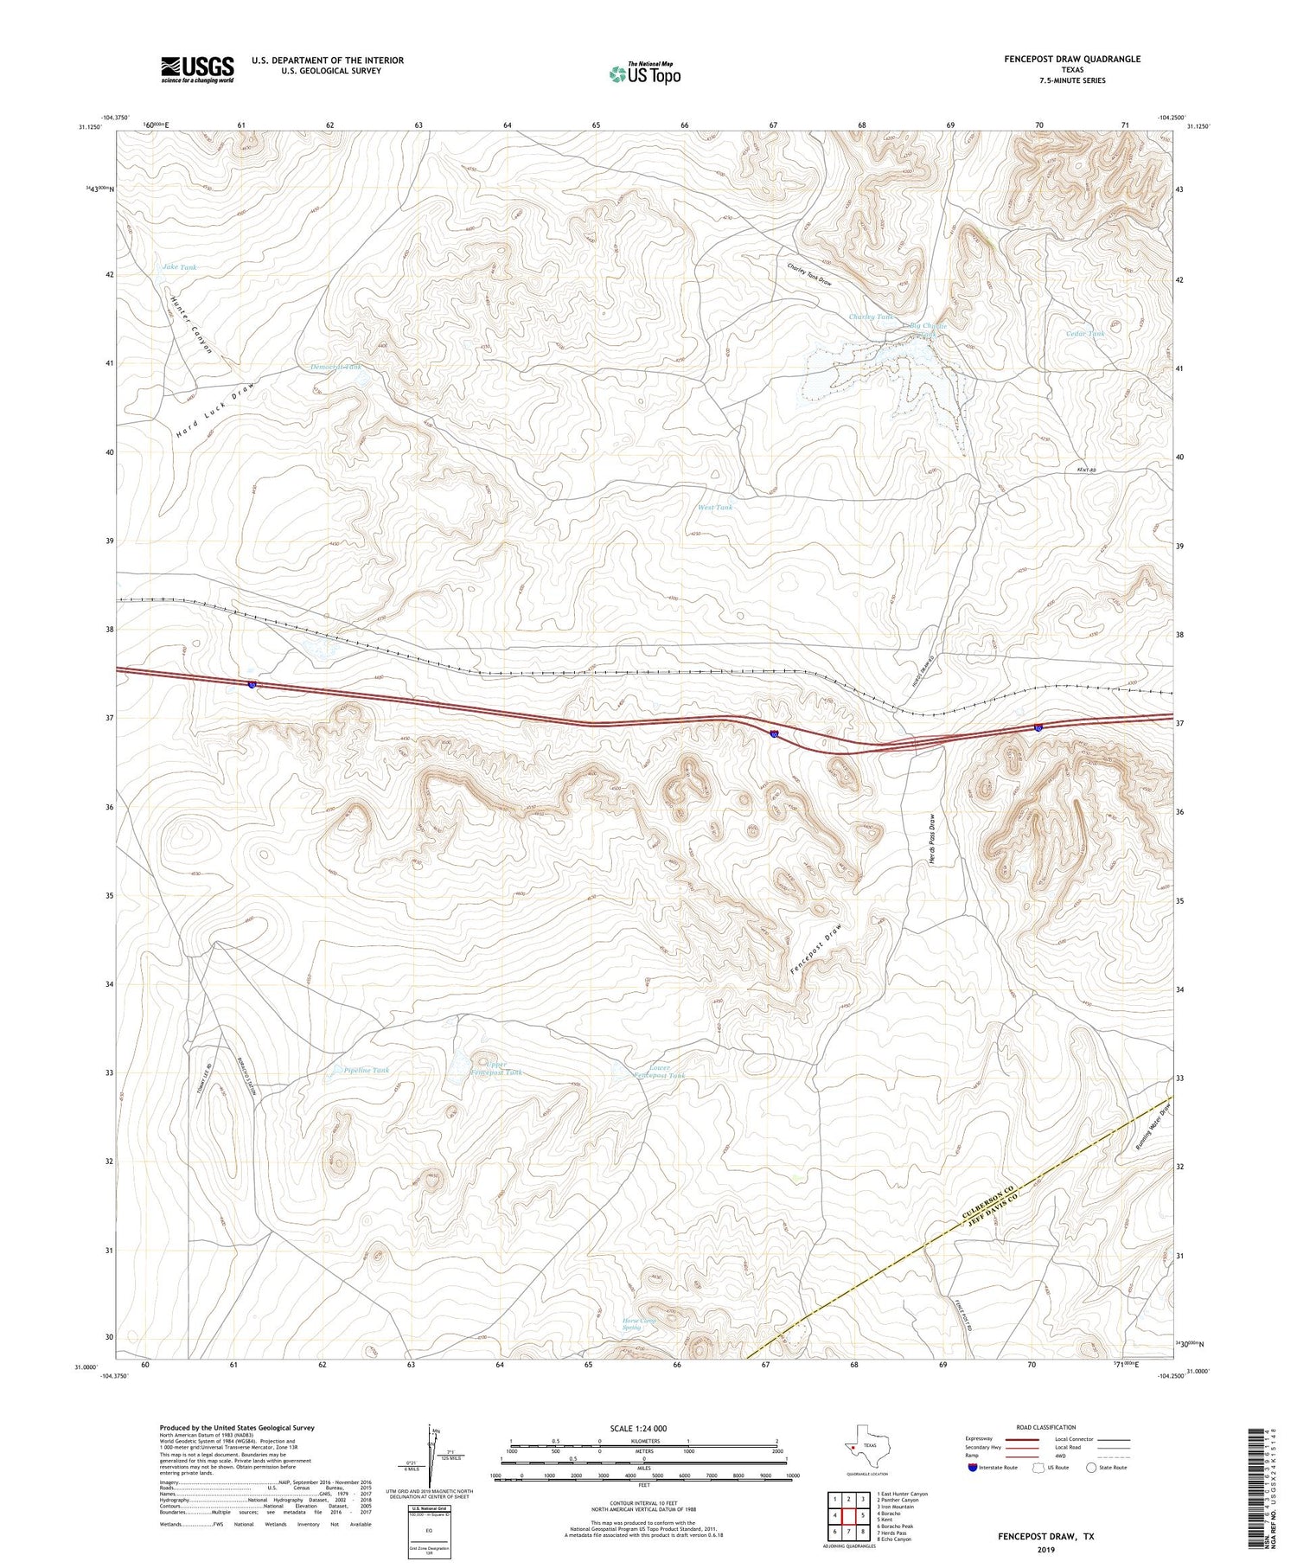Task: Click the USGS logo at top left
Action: pos(197,69)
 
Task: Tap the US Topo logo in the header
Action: pos(644,74)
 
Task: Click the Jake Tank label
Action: pos(180,267)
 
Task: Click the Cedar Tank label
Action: pos(1085,334)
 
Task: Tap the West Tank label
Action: pos(715,508)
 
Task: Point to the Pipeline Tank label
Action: pos(367,1071)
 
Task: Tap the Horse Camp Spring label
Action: pos(640,1324)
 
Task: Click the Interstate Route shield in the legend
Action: pos(972,1468)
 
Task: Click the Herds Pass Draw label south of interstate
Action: pos(932,836)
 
